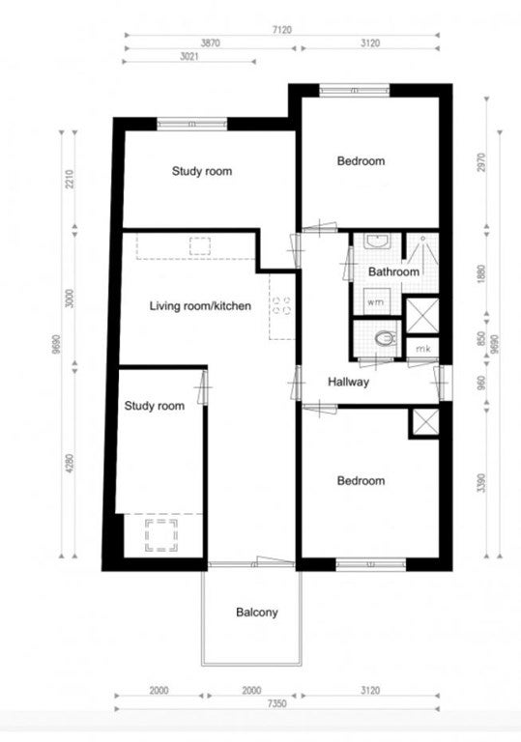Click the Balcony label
click(x=257, y=613)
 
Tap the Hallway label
click(x=348, y=382)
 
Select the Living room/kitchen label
click(x=200, y=306)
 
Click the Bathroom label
click(x=393, y=272)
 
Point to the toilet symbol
click(x=385, y=338)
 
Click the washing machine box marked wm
click(x=376, y=301)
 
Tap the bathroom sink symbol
click(x=377, y=242)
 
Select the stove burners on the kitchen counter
click(x=281, y=305)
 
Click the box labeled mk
click(x=423, y=349)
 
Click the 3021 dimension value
click(x=189, y=56)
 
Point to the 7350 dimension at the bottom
click(x=277, y=703)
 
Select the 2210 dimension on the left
click(x=70, y=179)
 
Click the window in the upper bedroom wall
click(x=355, y=90)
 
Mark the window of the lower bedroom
click(x=371, y=563)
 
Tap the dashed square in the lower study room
click(x=161, y=535)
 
